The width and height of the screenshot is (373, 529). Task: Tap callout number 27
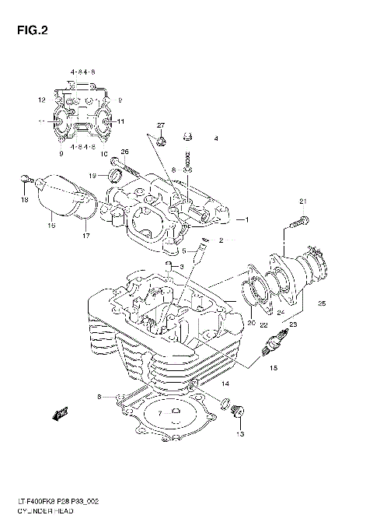coord(161,125)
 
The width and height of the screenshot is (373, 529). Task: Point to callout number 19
coord(92,175)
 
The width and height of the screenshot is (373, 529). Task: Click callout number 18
coord(24,200)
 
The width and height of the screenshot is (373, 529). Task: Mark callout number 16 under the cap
coord(51,226)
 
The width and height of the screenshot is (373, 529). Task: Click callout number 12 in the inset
coord(42,100)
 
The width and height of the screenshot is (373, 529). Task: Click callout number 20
coord(251,322)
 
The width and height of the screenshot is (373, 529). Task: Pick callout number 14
coord(224,384)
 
